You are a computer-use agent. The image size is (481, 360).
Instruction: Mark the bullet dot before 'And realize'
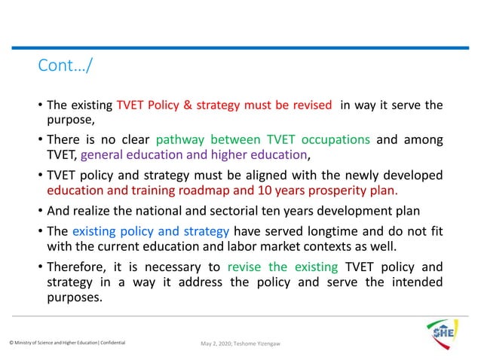[x=41, y=211]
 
